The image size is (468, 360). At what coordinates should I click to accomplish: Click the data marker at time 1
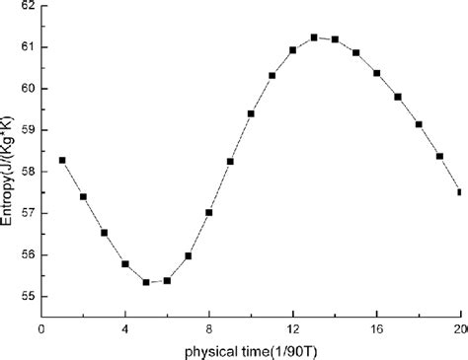[x=62, y=160]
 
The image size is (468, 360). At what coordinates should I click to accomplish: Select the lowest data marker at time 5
[x=146, y=282]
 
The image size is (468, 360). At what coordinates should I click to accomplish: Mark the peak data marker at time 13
[x=314, y=37]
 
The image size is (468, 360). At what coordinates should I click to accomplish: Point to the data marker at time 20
[x=460, y=191]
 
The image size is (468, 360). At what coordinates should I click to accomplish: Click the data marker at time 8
[x=209, y=212]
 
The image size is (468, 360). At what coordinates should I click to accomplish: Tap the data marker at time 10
[x=251, y=113]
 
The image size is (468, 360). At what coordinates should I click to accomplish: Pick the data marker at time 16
[x=377, y=73]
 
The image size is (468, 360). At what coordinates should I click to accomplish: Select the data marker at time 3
[x=104, y=233]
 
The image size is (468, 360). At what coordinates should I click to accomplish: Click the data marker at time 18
[x=419, y=124]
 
